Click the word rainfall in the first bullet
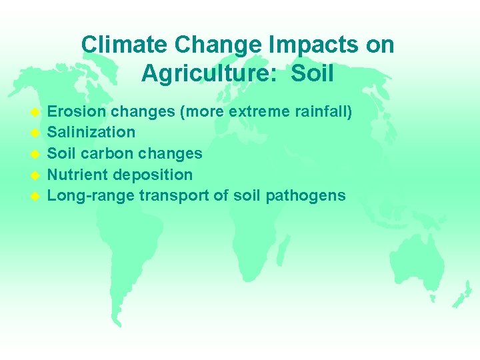point(323,111)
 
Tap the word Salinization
point(91,132)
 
